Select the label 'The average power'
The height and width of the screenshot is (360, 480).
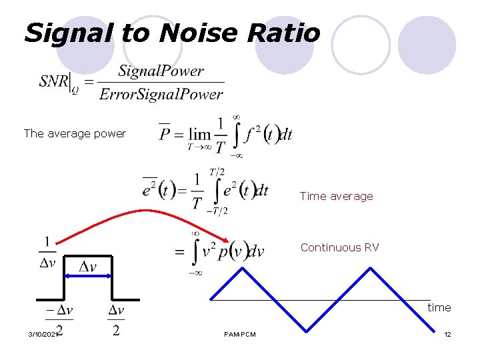click(x=75, y=133)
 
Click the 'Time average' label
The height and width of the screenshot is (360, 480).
click(x=336, y=196)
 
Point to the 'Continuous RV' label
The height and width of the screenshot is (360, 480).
click(x=339, y=247)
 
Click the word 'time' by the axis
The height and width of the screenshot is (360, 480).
click(x=439, y=307)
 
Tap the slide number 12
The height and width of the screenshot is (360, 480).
click(x=447, y=334)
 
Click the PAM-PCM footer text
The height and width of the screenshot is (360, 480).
click(x=240, y=334)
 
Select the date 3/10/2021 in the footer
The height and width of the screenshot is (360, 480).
click(x=43, y=333)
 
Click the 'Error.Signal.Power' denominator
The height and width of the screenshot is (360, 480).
click(x=161, y=94)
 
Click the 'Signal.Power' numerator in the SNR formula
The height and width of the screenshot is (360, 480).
click(x=161, y=71)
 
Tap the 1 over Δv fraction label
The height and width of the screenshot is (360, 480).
click(x=48, y=252)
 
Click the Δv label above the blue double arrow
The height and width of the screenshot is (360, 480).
click(x=88, y=267)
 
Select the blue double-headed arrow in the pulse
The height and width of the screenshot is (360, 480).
click(x=87, y=276)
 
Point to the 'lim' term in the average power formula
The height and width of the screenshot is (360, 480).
click(x=200, y=135)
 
